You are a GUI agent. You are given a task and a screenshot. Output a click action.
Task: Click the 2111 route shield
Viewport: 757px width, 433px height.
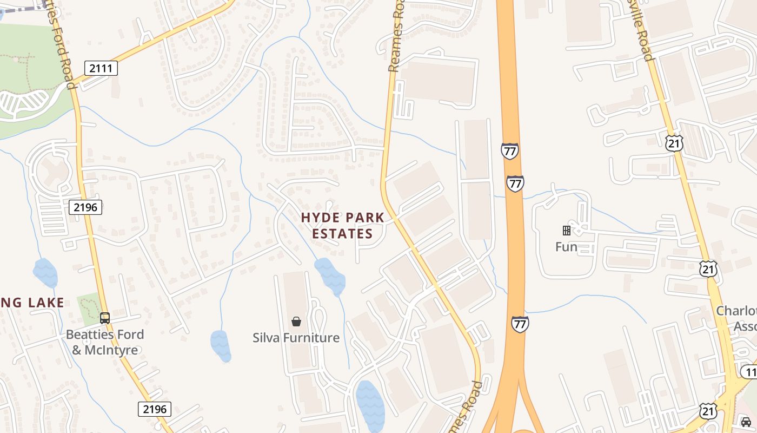(101, 68)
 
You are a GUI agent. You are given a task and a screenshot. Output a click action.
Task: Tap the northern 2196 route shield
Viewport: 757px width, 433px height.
(85, 207)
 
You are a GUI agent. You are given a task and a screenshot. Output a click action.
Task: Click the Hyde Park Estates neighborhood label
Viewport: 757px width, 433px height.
(343, 225)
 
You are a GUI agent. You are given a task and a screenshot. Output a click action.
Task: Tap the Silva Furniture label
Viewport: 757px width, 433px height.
(296, 338)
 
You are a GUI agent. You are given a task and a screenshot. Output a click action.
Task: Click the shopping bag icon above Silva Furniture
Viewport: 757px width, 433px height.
(296, 322)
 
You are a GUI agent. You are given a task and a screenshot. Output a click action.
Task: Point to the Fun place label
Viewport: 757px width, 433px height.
(566, 247)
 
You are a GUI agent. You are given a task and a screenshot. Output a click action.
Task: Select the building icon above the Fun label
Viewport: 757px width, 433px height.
(567, 231)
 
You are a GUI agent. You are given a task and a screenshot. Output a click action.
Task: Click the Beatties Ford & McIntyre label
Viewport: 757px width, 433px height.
(105, 342)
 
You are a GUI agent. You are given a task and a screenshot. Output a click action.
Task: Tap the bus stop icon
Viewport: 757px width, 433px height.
(105, 318)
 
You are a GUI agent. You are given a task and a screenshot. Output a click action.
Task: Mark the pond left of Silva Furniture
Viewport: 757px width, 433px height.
(221, 345)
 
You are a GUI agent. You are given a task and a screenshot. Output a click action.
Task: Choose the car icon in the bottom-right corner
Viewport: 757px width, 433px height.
(746, 422)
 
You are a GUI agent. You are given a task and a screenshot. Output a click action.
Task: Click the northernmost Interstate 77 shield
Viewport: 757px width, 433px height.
(509, 151)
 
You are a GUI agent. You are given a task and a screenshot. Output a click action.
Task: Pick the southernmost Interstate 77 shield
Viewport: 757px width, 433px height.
(520, 324)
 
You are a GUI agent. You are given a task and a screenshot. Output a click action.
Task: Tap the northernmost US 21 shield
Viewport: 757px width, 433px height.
(674, 143)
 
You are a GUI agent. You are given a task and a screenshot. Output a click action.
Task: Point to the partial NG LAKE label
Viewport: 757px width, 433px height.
(32, 303)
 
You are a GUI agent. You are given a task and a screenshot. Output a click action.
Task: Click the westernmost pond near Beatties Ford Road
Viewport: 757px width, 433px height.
(45, 273)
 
